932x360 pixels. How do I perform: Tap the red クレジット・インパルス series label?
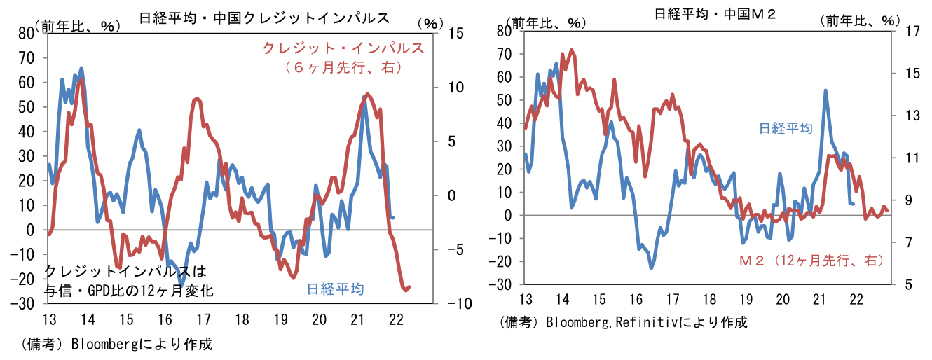(x=343, y=48)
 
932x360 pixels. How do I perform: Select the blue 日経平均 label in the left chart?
(x=335, y=288)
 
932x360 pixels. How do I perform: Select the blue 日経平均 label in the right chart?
(x=786, y=128)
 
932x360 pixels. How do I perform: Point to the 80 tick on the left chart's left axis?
(x=25, y=33)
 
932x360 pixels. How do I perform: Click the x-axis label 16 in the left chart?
(x=165, y=319)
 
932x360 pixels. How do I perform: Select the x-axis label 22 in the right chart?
(x=855, y=300)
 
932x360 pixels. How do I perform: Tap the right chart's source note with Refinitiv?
(x=624, y=323)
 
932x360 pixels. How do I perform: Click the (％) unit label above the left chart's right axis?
(x=427, y=23)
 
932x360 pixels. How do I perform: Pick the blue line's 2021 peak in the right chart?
(x=825, y=90)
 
